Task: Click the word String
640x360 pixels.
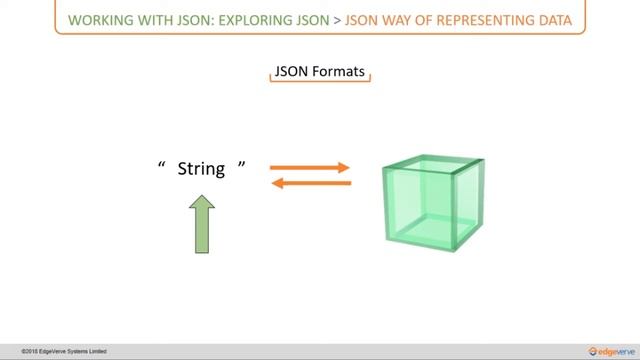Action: click(201, 169)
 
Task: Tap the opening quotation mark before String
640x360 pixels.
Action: click(161, 165)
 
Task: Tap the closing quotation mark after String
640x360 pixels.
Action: click(241, 165)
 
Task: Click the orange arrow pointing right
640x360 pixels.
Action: click(310, 168)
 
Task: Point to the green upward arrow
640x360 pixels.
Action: click(203, 225)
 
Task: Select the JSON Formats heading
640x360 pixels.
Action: click(320, 73)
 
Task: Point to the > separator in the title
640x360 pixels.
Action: click(336, 19)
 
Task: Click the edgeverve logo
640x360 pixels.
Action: click(602, 351)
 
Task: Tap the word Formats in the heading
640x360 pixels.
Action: click(341, 73)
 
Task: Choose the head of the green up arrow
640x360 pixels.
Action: click(203, 203)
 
